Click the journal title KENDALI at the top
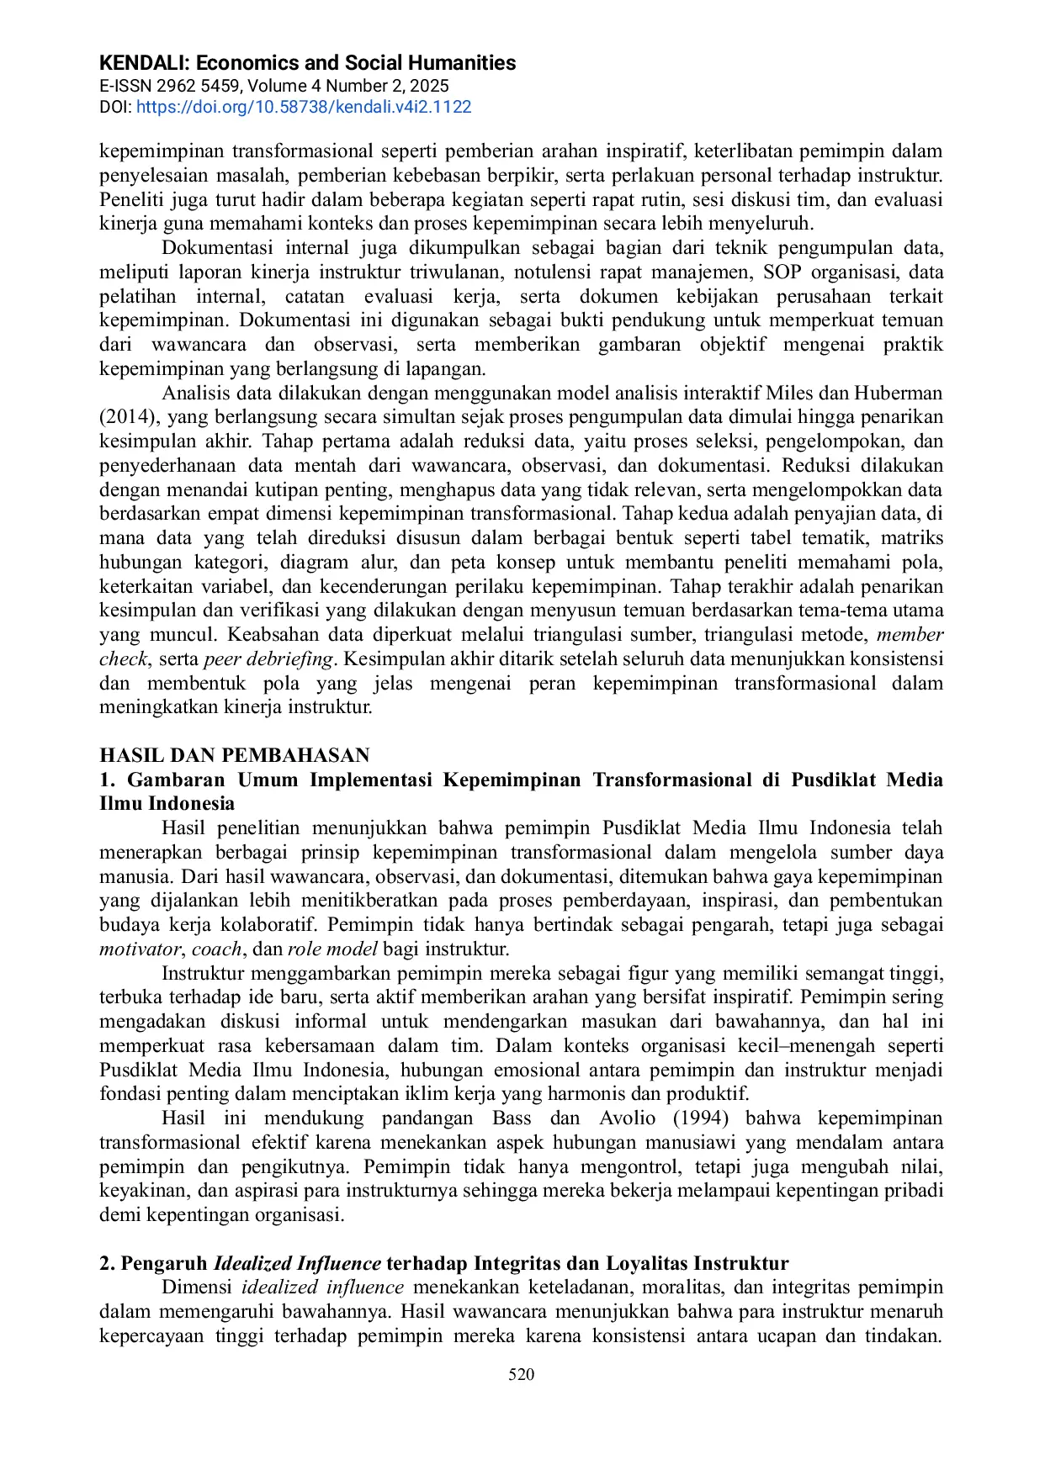tap(145, 63)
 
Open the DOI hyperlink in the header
tap(303, 107)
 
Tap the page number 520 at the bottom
tap(522, 1374)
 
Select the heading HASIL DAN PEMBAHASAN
tap(235, 755)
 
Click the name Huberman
tap(899, 393)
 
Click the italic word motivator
tap(140, 949)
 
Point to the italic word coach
tap(217, 949)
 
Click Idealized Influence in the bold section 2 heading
tap(298, 1263)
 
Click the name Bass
tap(512, 1118)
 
